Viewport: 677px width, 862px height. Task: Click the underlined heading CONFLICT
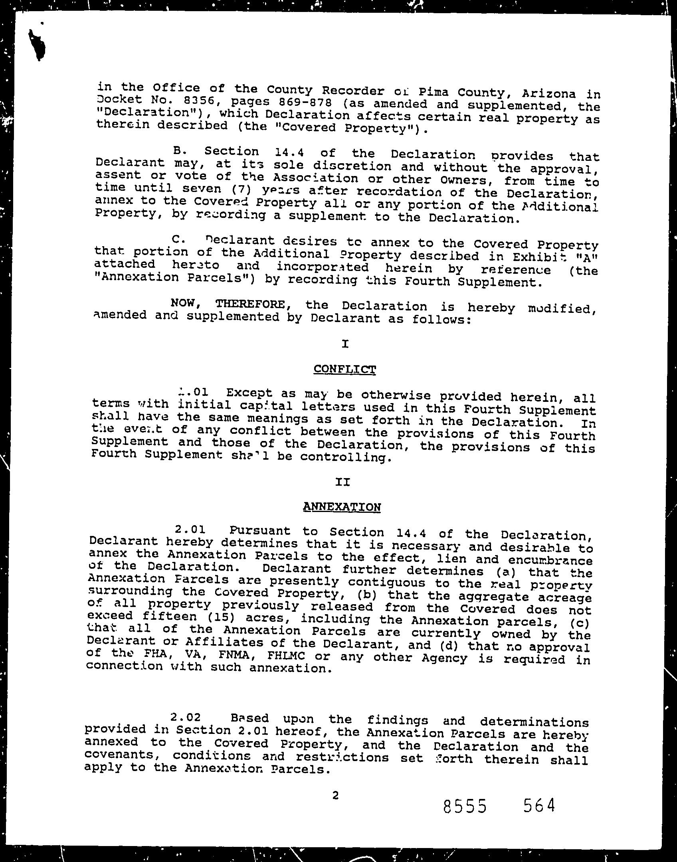(344, 369)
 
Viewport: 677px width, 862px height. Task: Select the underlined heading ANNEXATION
(342, 507)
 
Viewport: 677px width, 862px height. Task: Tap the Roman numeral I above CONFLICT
(345, 343)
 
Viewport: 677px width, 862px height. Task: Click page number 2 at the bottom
(335, 796)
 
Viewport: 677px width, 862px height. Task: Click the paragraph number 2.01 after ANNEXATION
(190, 530)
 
